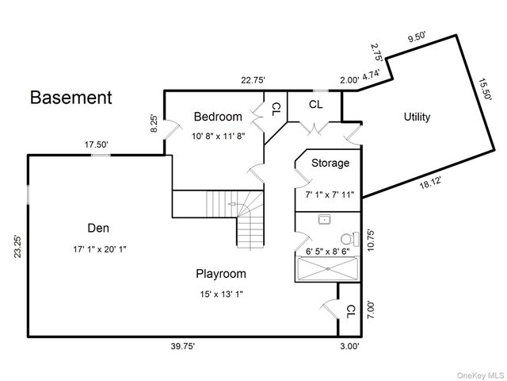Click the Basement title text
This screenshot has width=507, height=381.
(71, 98)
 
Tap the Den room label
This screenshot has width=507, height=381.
(98, 228)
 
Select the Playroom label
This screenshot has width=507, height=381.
(221, 274)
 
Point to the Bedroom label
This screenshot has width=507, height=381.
(218, 117)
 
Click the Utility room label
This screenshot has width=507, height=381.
(417, 117)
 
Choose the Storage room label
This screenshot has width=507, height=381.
(330, 163)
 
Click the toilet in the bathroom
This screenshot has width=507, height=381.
(350, 239)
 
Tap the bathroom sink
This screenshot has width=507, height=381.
(324, 220)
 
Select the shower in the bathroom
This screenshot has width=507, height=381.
(327, 268)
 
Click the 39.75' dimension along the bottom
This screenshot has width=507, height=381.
(183, 346)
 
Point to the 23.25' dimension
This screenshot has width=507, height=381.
(17, 247)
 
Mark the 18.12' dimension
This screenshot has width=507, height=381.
(430, 183)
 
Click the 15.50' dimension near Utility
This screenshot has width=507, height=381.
(485, 90)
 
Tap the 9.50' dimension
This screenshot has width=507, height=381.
(417, 37)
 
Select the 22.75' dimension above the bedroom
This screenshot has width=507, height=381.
(253, 80)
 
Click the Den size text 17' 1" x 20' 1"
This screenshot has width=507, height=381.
(100, 249)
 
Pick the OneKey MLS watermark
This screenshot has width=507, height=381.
(480, 375)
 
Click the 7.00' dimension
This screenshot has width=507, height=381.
(371, 310)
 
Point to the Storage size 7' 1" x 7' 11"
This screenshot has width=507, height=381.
(330, 194)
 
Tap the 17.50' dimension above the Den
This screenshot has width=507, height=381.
(97, 144)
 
